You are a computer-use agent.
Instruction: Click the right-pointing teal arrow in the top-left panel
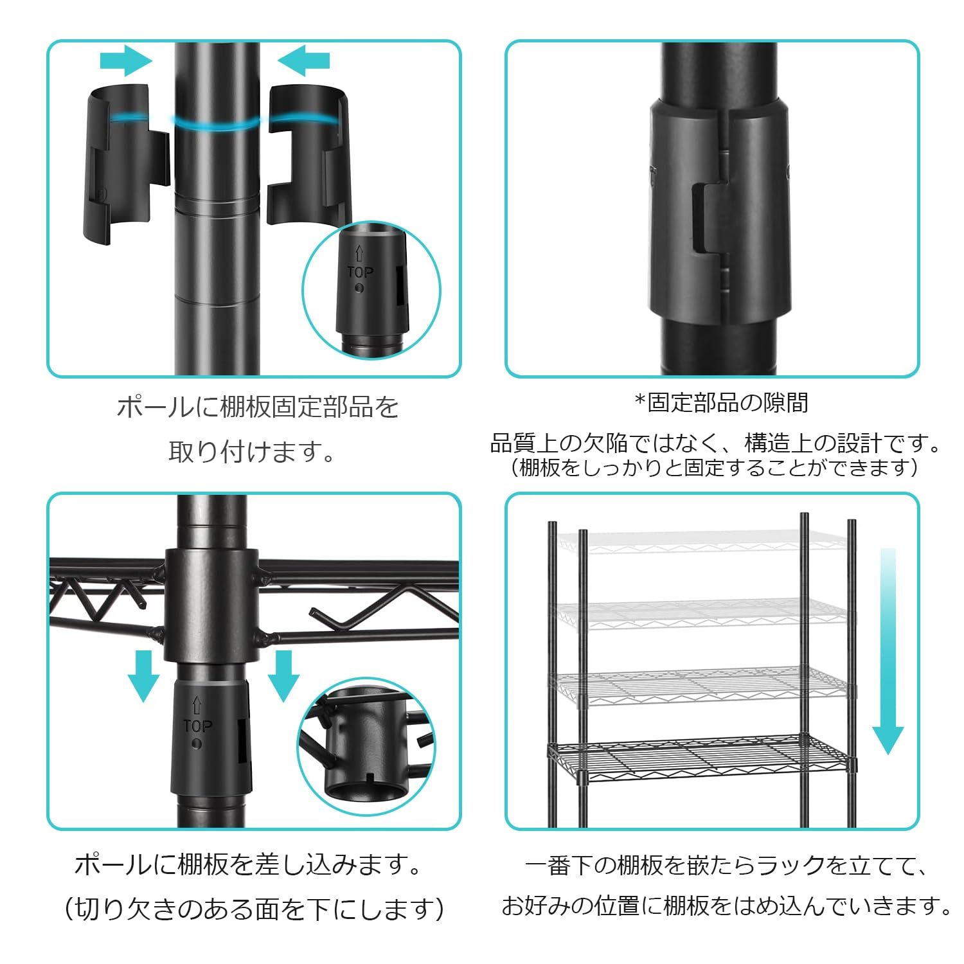click(x=126, y=61)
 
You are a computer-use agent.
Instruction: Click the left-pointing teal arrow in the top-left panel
click(x=304, y=61)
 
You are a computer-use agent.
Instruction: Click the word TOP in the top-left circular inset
click(x=360, y=272)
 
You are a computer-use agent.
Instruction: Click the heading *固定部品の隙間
click(x=721, y=403)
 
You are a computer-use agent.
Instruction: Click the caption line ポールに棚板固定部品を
click(x=257, y=407)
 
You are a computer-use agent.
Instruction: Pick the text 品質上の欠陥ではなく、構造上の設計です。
click(x=715, y=443)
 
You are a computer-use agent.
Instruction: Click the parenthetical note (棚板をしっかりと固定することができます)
click(x=715, y=467)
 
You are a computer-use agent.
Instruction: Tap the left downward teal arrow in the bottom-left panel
click(x=143, y=675)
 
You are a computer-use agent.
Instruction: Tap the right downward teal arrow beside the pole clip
click(x=283, y=675)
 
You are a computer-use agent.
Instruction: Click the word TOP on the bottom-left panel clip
click(x=197, y=726)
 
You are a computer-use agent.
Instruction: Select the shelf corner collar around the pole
click(x=211, y=604)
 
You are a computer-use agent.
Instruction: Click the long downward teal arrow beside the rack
click(x=888, y=649)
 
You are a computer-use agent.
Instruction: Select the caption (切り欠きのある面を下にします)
click(x=254, y=909)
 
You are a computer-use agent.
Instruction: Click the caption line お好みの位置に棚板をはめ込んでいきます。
click(x=726, y=906)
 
